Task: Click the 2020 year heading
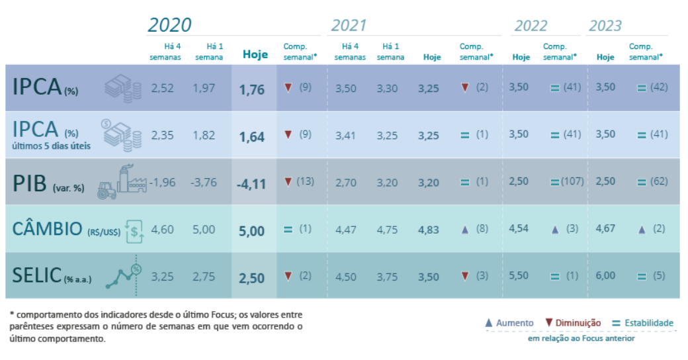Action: pos(169,25)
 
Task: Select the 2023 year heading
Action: pos(605,26)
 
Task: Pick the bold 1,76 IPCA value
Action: pos(251,89)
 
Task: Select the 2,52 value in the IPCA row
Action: pos(162,88)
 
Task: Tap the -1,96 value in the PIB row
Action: pos(162,182)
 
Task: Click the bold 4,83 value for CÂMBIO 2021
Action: pos(429,230)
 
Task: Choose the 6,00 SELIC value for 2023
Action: pos(605,276)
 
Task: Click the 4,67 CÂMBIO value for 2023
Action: pos(605,229)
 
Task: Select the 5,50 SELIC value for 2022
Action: pos(519,276)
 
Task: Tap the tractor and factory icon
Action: pos(122,181)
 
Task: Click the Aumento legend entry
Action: pos(509,323)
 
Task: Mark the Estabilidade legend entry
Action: pos(642,323)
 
